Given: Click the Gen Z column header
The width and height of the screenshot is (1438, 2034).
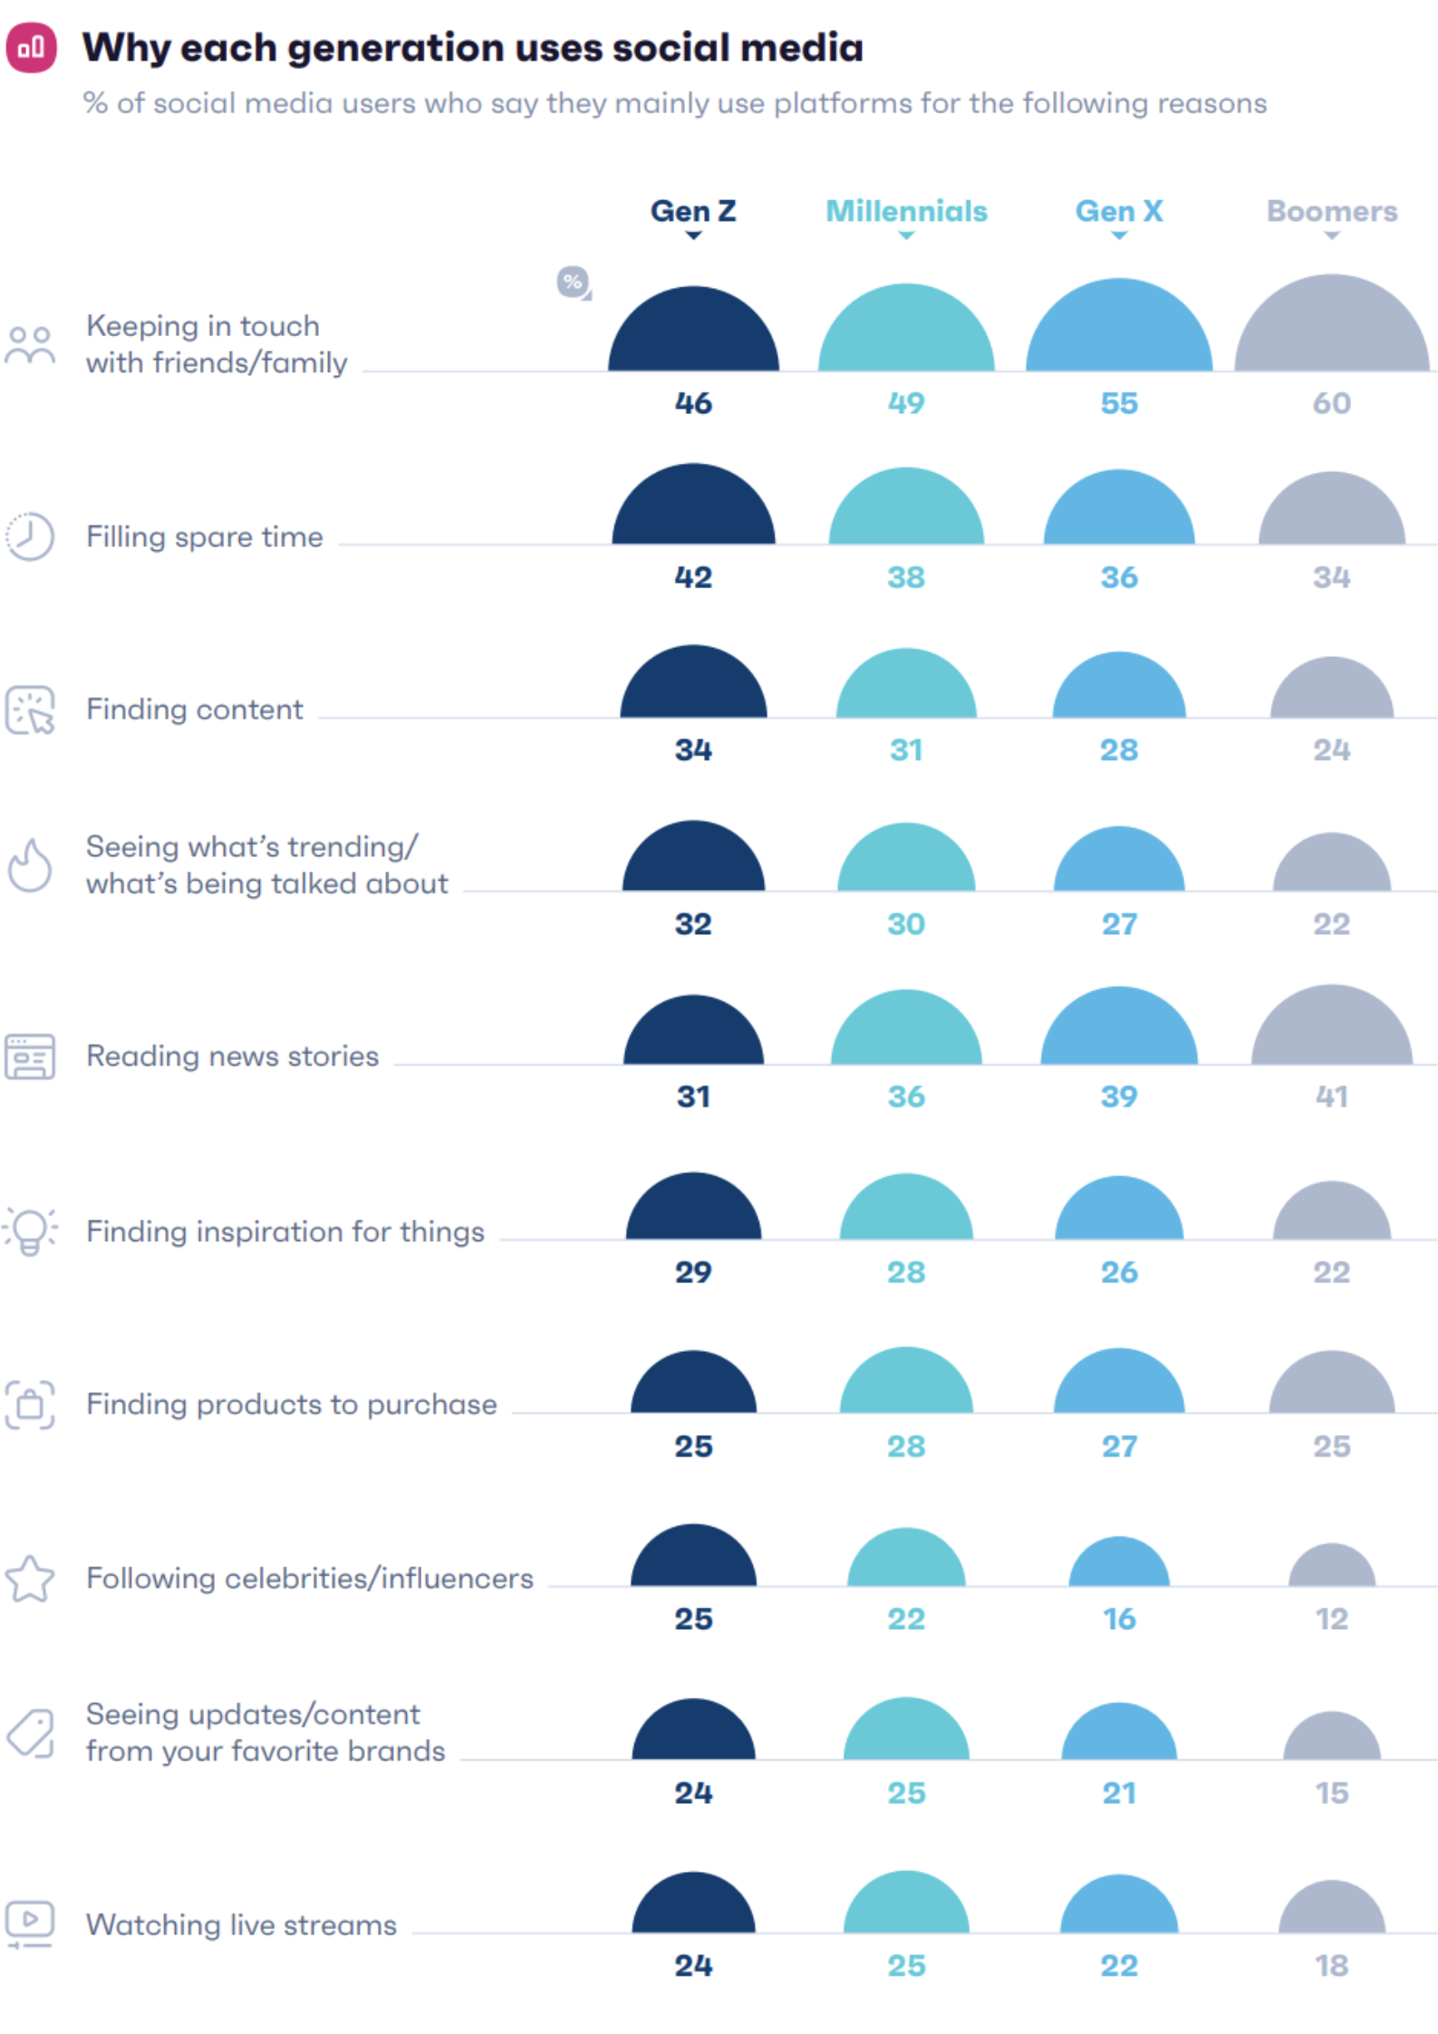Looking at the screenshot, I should point(693,211).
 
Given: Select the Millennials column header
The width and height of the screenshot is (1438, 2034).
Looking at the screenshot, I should point(906,211).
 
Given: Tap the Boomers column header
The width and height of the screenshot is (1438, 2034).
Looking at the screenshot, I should point(1331,211).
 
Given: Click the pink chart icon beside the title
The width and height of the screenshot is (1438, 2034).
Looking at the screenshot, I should point(32,47).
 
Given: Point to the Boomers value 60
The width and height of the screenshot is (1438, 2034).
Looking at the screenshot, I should point(1331,403).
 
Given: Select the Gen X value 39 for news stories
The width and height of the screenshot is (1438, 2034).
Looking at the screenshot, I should point(1119,1096).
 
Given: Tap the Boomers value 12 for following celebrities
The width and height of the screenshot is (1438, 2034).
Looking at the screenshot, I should point(1331,1618).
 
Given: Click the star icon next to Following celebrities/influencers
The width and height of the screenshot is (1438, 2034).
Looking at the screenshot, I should point(30,1578).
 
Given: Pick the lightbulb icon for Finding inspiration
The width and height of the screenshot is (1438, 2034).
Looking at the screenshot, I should point(30,1231).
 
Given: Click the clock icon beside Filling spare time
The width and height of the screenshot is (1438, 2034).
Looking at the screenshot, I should point(30,536).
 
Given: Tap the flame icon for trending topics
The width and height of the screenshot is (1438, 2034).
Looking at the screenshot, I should point(30,865).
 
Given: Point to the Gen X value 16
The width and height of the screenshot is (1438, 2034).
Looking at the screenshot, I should point(1119,1618).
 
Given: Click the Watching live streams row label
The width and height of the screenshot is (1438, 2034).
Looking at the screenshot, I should point(241,1924).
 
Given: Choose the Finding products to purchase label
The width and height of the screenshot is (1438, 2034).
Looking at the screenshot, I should point(291,1404).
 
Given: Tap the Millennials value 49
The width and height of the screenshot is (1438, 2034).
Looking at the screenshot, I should point(906,403).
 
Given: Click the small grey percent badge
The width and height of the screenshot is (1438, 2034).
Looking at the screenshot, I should point(573,282).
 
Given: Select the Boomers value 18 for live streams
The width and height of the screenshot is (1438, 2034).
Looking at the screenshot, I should point(1331,1965).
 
